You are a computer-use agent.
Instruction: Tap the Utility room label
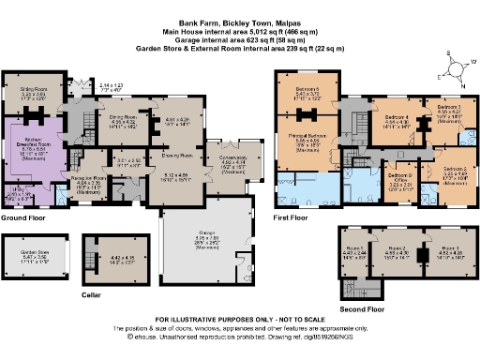click(x=14, y=188)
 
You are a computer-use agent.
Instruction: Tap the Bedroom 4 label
click(x=397, y=117)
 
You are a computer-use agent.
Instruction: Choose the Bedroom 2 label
click(x=443, y=169)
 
